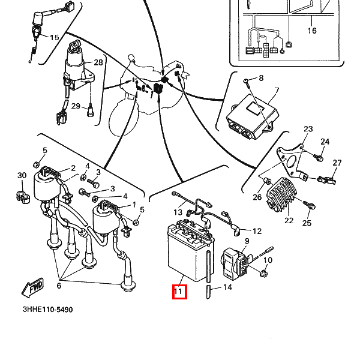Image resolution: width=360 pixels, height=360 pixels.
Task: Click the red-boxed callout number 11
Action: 178,292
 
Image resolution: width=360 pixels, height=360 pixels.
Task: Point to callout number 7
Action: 277,92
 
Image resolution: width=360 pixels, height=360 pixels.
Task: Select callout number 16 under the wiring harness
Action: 312,31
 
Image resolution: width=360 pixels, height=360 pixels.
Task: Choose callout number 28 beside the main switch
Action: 98,62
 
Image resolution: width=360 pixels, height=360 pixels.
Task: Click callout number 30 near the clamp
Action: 22,175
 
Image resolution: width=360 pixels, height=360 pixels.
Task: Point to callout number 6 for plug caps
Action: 58,286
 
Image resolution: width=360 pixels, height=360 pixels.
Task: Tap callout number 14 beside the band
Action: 227,287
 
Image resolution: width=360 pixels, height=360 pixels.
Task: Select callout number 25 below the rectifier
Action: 307,224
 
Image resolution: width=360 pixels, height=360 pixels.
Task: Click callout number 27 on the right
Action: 337,163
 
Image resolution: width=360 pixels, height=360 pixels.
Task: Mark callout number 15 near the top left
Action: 54,38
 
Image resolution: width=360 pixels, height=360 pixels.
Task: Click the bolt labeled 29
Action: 90,110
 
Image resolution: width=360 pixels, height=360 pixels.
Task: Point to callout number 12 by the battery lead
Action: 257,231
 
